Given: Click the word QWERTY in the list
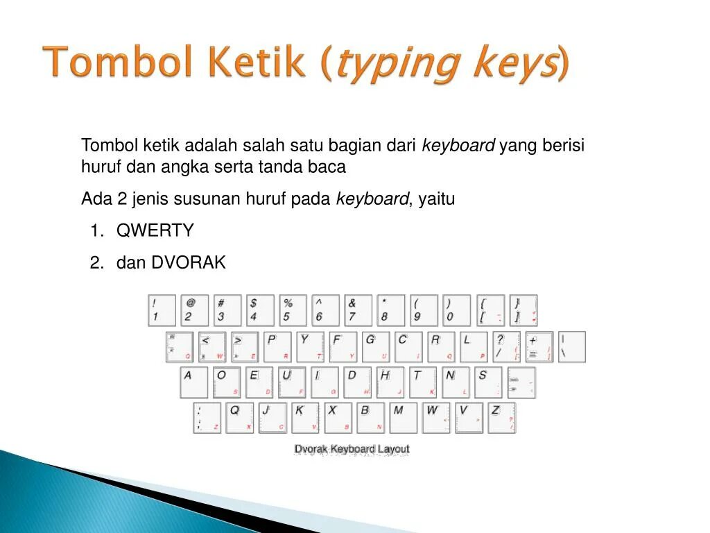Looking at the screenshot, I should (x=155, y=231).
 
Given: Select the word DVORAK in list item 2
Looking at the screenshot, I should (x=189, y=263).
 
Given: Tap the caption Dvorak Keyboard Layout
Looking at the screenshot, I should (x=352, y=450).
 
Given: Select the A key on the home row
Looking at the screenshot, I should (x=193, y=382).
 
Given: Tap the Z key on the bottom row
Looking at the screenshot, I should (x=501, y=418).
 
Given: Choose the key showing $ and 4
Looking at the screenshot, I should (x=260, y=310).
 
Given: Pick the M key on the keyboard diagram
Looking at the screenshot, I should (x=403, y=418).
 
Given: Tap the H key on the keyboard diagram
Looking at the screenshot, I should (x=390, y=382).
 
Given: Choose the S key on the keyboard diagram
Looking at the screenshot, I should (x=489, y=382).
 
